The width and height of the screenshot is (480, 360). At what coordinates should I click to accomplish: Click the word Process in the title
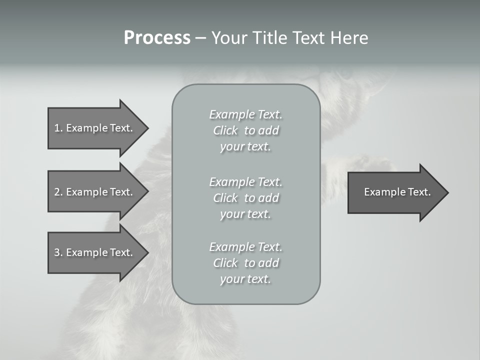[157, 38]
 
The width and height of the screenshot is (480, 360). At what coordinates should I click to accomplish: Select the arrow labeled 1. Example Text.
[95, 128]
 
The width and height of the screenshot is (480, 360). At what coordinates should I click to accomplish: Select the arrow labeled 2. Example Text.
[95, 192]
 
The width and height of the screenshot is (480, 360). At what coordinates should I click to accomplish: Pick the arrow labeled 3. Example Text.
[95, 252]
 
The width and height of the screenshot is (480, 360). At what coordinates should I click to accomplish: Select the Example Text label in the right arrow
[397, 192]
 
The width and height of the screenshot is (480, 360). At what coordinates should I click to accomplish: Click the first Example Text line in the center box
[245, 114]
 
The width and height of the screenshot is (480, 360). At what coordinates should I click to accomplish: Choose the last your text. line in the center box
[245, 279]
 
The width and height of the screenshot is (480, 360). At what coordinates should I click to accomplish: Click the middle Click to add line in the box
[245, 198]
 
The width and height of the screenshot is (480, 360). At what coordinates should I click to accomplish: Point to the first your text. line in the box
[245, 146]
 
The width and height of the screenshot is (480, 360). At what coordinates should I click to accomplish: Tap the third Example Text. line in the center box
[245, 247]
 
